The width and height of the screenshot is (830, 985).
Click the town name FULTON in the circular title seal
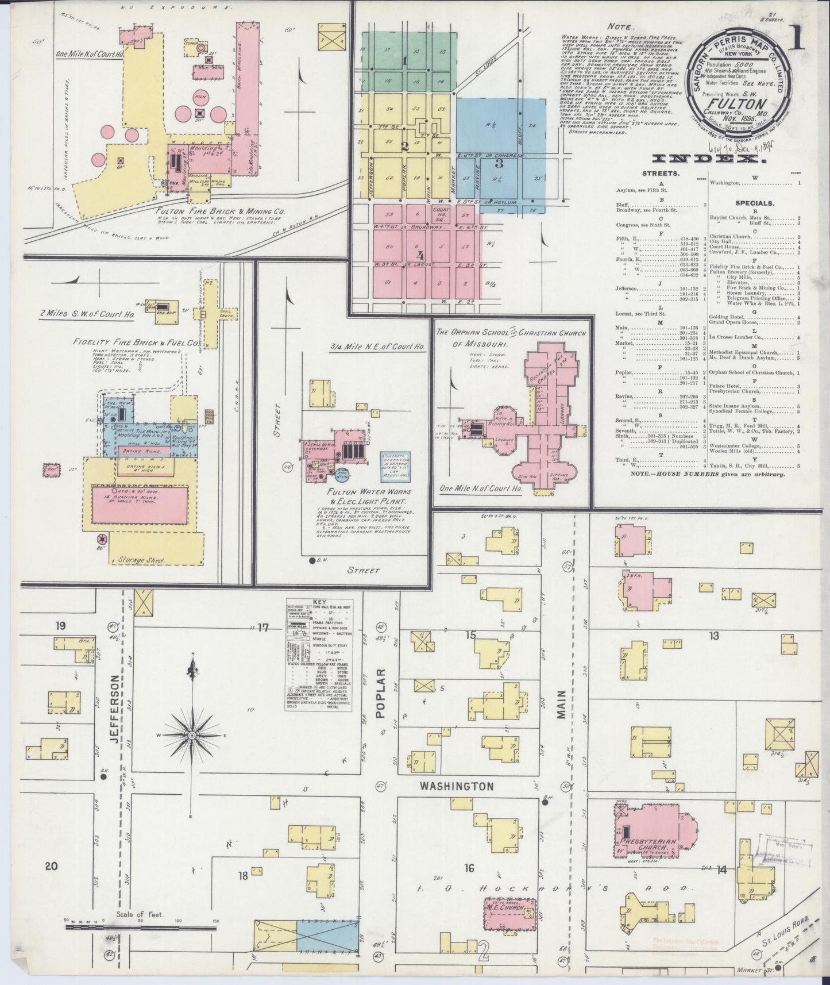tap(740, 104)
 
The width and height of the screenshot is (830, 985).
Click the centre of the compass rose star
tap(191, 735)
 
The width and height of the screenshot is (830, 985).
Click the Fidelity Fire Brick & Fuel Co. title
tap(136, 342)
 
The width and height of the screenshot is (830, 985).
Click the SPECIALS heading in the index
tap(754, 203)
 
